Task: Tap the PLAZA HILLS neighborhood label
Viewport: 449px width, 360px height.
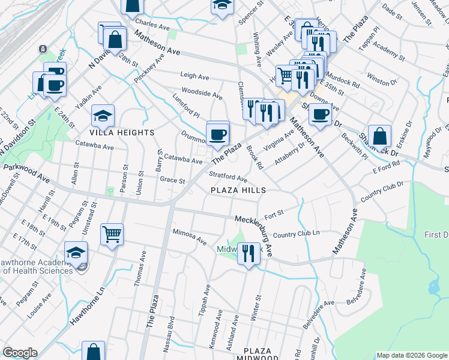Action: [238, 190]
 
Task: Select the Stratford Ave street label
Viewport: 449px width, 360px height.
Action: [228, 178]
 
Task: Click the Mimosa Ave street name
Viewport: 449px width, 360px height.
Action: [189, 235]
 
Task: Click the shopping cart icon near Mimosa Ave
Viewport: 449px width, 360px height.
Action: [112, 235]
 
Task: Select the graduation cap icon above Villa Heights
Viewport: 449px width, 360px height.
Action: [103, 115]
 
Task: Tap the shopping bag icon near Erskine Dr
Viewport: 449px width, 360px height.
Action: [379, 136]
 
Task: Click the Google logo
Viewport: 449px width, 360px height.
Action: [19, 353]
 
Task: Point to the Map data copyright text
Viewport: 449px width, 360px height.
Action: [411, 355]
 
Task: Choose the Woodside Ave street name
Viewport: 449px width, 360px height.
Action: [202, 93]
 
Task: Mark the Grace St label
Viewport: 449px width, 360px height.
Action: [172, 180]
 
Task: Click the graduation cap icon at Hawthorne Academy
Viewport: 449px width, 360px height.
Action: [76, 253]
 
